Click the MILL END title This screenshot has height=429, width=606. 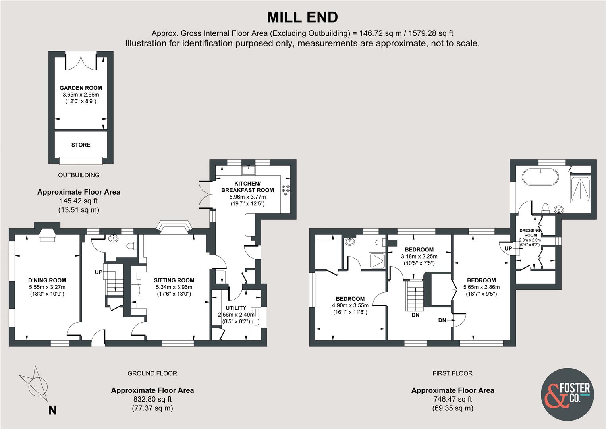303,17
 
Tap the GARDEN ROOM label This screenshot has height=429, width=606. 81,88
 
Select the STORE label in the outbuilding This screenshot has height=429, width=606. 81,145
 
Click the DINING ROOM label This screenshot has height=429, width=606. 47,280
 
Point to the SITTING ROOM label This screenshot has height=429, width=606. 174,280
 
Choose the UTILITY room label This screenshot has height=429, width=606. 236,308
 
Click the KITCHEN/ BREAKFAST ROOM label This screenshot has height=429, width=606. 247,187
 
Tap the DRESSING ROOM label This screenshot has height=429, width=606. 530,233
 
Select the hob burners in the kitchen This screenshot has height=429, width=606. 286,189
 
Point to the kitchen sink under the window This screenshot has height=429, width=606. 248,170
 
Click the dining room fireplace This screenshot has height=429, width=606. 47,235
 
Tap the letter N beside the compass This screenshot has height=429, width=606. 52,410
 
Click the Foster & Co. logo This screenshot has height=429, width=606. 567,395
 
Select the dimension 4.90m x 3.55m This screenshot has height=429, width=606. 350,305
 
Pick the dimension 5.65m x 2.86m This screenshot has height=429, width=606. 481,287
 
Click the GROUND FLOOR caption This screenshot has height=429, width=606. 152,373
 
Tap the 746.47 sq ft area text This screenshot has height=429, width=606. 453,399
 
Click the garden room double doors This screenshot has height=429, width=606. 81,61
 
